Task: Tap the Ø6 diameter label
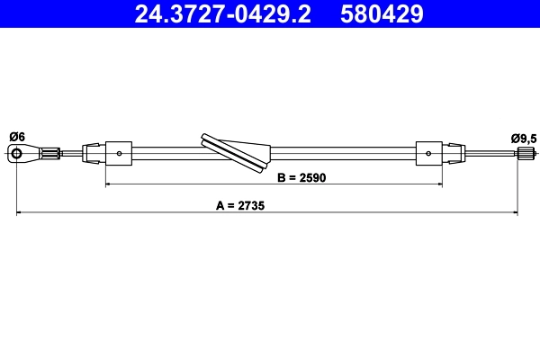[x=16, y=137]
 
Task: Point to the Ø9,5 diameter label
[x=523, y=138]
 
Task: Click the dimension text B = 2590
[x=301, y=177]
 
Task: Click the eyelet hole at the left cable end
[x=16, y=155]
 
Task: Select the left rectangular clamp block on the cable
[x=120, y=153]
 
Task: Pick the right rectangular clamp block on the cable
[x=428, y=153]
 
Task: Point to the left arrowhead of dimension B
[x=109, y=184]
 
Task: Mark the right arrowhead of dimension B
[x=439, y=184]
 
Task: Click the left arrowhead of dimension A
[x=20, y=212]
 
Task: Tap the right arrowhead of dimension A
[x=517, y=212]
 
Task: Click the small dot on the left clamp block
[x=120, y=153]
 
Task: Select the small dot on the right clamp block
[x=428, y=153]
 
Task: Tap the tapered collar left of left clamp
[x=94, y=153]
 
